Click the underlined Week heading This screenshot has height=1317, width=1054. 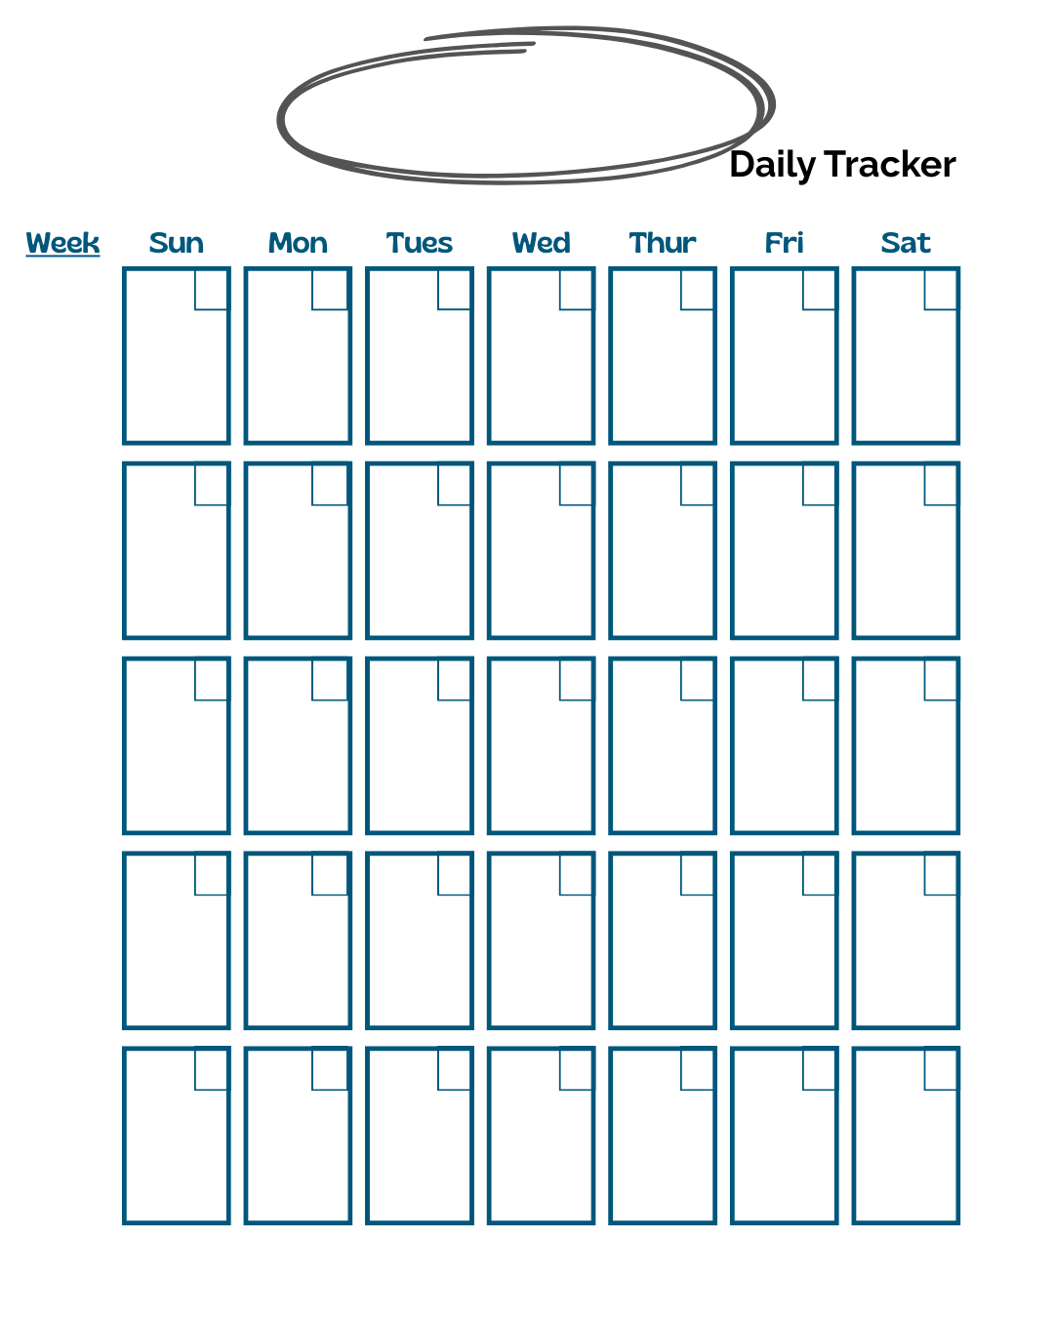(x=62, y=243)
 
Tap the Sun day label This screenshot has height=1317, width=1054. (x=177, y=243)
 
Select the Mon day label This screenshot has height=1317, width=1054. (x=298, y=243)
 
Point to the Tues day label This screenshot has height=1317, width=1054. (x=420, y=243)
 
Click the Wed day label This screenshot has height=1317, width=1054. (x=541, y=243)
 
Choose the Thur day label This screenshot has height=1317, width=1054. (x=663, y=243)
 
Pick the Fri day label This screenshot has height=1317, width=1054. (x=784, y=243)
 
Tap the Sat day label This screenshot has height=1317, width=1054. (x=906, y=243)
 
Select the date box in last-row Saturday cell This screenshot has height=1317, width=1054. (x=940, y=1070)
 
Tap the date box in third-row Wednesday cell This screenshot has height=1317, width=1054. (x=575, y=680)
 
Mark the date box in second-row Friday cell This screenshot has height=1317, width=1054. (x=818, y=485)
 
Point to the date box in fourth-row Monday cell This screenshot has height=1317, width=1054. (x=330, y=875)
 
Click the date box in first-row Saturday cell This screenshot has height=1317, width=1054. (x=940, y=290)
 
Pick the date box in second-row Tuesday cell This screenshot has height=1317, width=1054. (x=454, y=485)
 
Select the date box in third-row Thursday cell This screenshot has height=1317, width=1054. (x=696, y=680)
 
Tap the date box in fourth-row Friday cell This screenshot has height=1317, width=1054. (x=818, y=875)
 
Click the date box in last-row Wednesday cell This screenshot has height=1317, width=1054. (x=575, y=1070)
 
